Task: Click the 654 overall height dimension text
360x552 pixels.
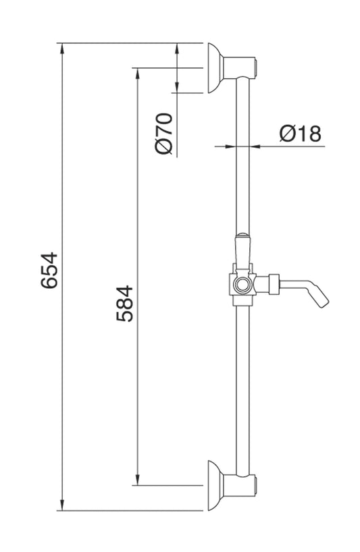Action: (49, 271)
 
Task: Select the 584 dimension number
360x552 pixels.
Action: (124, 304)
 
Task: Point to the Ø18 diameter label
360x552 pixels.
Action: (300, 134)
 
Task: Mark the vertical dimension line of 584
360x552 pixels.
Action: (137, 202)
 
